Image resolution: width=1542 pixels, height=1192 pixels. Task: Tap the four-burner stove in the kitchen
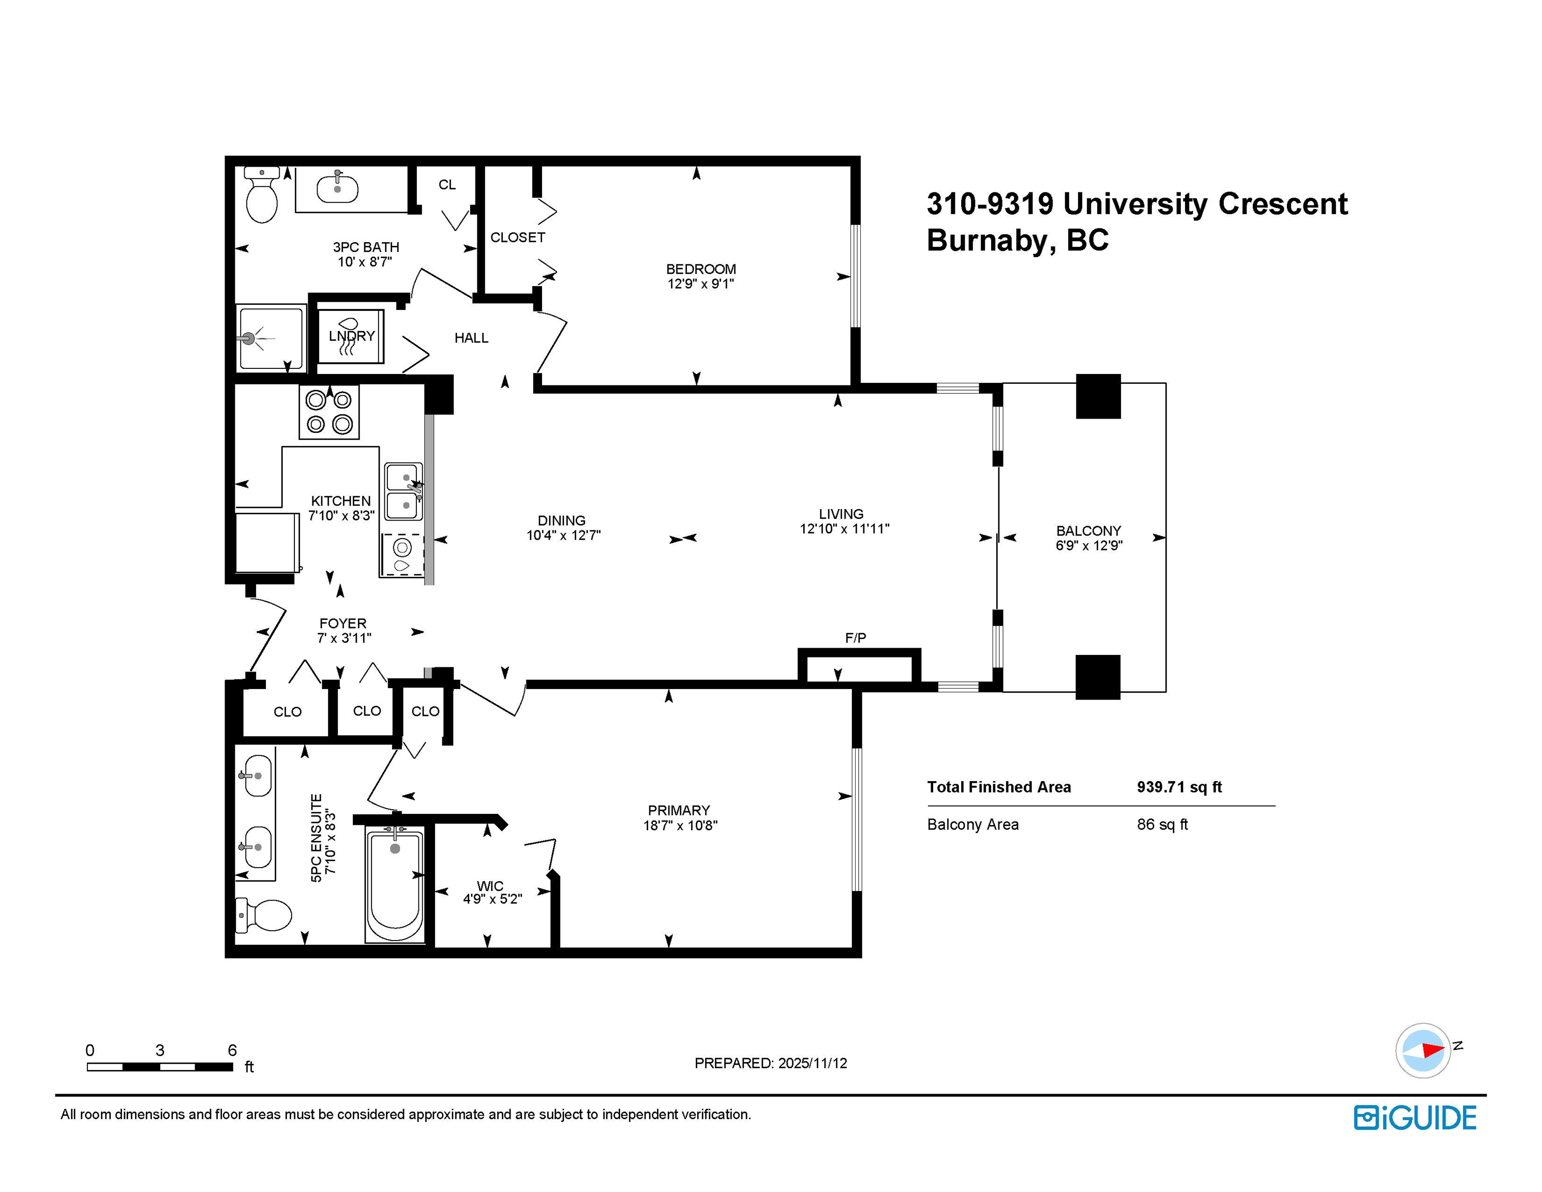pyautogui.click(x=329, y=412)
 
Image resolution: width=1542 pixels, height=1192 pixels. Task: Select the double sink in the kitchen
pyautogui.click(x=404, y=491)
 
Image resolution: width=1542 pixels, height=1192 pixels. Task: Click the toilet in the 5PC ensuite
pyautogui.click(x=263, y=915)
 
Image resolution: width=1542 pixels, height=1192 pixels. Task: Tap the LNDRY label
pyautogui.click(x=352, y=336)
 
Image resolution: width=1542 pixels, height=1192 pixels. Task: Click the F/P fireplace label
pyautogui.click(x=856, y=638)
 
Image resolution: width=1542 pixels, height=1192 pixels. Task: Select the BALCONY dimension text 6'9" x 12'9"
pyautogui.click(x=1089, y=545)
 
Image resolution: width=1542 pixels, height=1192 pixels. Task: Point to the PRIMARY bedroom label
pyautogui.click(x=679, y=810)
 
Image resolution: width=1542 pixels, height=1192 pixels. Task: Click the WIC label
pyautogui.click(x=490, y=886)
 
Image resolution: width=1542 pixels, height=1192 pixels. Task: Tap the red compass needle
pyautogui.click(x=1434, y=1049)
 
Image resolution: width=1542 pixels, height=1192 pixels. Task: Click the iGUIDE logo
pyautogui.click(x=1415, y=1118)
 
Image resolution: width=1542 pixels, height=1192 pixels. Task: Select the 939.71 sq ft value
pyautogui.click(x=1179, y=787)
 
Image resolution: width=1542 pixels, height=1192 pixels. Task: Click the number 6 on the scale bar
pyautogui.click(x=232, y=1050)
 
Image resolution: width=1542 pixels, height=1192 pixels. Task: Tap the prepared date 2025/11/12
pyautogui.click(x=812, y=1063)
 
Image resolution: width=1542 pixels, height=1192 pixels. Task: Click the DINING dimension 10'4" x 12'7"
pyautogui.click(x=563, y=535)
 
